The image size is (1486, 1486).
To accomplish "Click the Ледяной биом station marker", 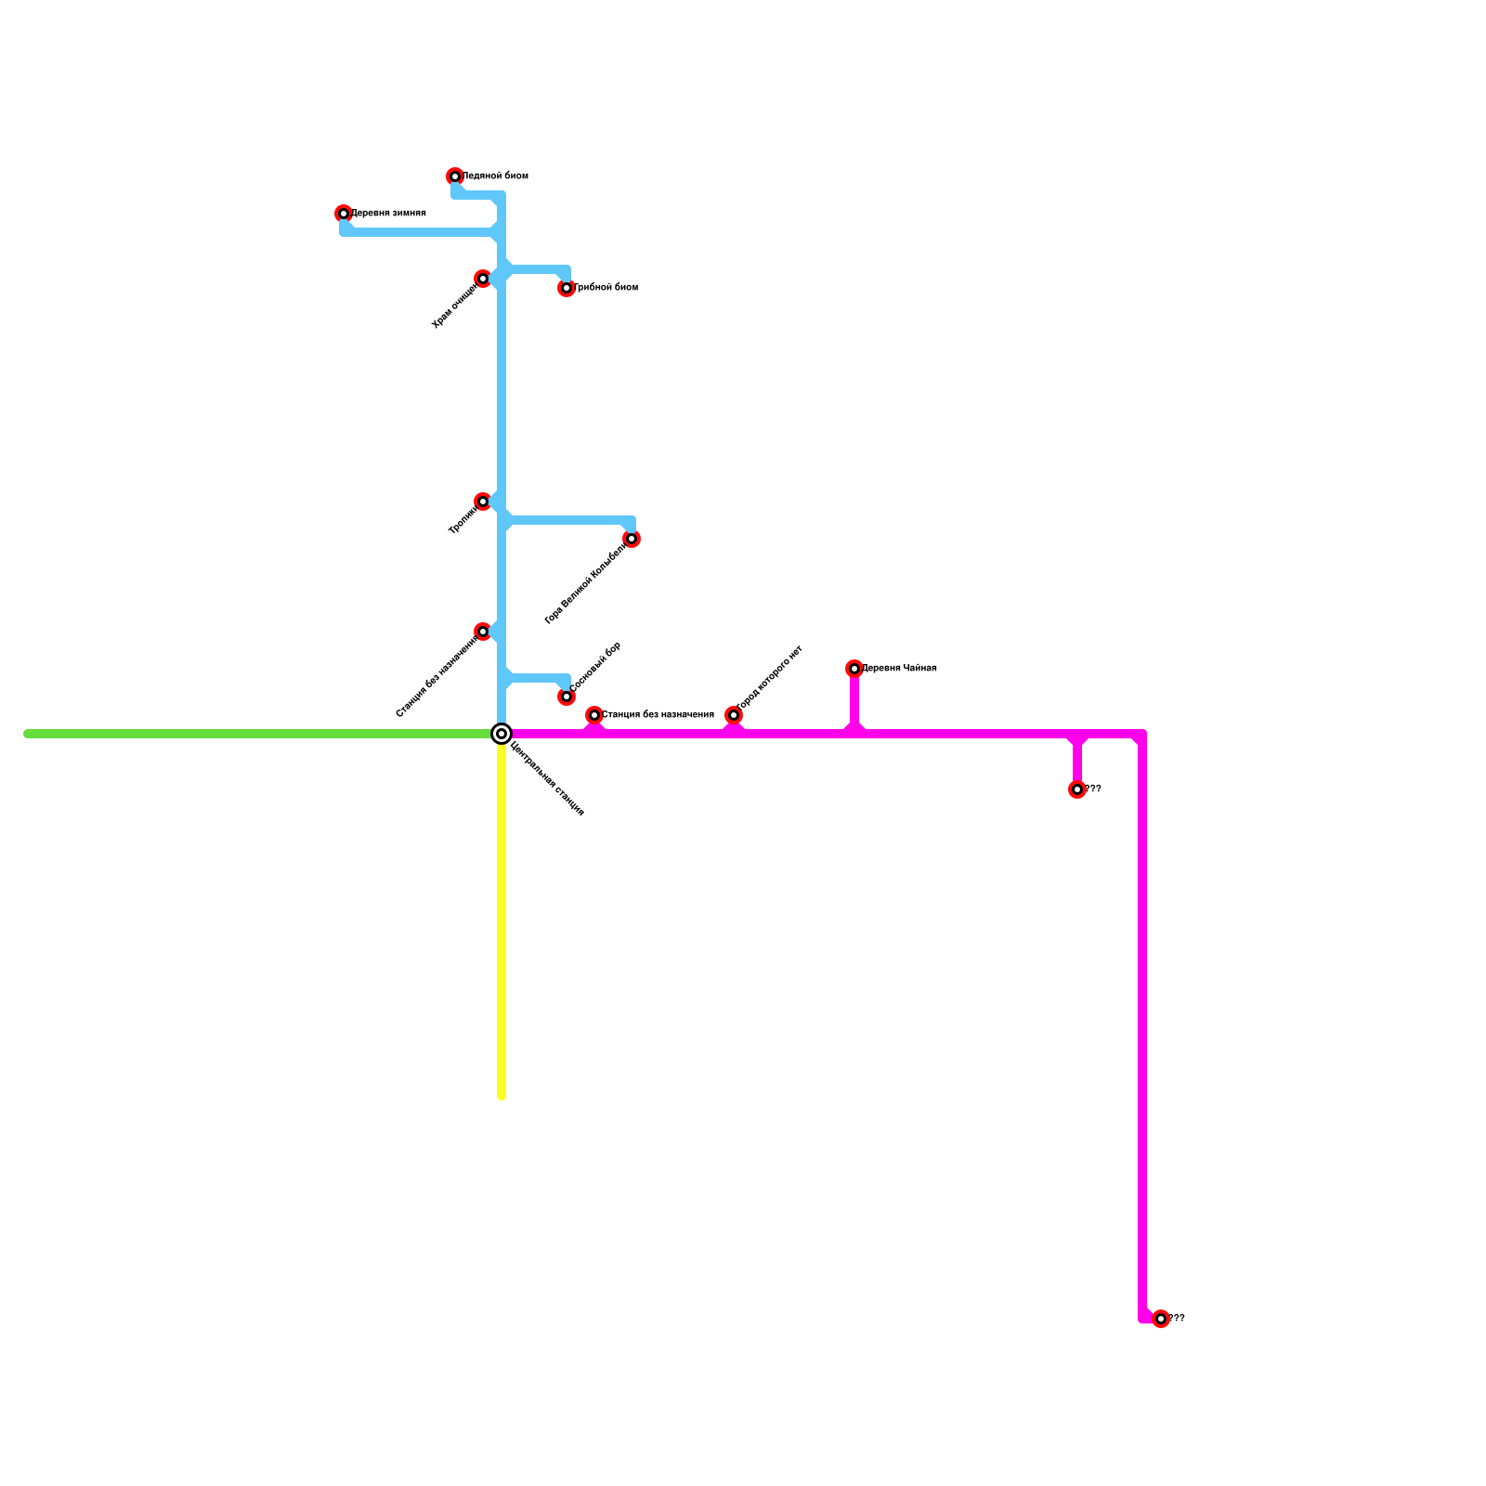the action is coord(455,176).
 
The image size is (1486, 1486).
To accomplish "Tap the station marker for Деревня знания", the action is coord(344,214).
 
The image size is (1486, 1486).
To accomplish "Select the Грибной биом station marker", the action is coord(567,288).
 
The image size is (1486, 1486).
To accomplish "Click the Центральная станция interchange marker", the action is coord(502,734).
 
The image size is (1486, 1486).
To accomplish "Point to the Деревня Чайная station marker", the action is coord(854,669).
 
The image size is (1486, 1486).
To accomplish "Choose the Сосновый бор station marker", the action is coord(567,697).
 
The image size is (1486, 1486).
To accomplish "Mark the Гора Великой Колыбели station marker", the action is coord(632,539).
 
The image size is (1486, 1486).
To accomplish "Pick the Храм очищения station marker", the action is coord(483,279).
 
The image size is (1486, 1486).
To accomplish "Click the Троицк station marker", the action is coord(483,502).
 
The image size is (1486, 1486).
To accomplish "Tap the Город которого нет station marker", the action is coord(734,715).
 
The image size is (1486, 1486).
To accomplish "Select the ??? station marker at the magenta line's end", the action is coord(1161,1319).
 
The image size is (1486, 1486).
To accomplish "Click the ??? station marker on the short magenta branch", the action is coord(1077,789).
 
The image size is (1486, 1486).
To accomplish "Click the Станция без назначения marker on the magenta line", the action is coord(594,715).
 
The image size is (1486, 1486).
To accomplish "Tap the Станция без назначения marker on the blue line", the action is coord(483,632).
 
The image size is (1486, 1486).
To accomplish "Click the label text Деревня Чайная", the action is coord(899,669).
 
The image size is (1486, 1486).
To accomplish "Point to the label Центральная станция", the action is coord(548,778).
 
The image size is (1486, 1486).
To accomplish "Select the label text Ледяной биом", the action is coord(495,176).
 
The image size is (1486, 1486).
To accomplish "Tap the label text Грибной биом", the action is coord(606,288).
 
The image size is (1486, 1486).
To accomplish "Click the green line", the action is coord(260,734).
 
